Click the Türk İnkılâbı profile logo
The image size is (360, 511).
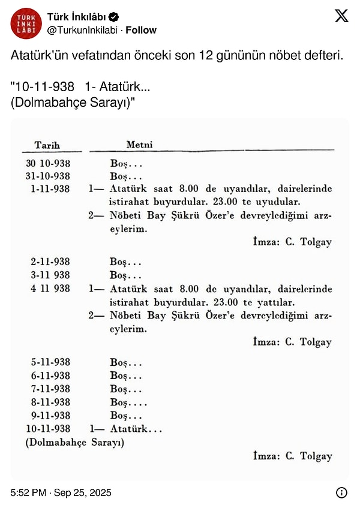(x=26, y=23)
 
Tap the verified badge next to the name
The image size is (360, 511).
(x=113, y=17)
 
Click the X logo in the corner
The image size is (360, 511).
(x=341, y=16)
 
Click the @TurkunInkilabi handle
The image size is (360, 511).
(x=83, y=30)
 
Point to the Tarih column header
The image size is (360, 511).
(x=47, y=145)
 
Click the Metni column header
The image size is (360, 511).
(x=139, y=145)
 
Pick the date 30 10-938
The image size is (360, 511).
(x=48, y=163)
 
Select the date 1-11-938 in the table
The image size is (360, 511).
(x=50, y=189)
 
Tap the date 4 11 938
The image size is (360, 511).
(x=50, y=288)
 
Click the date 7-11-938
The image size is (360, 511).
(x=50, y=389)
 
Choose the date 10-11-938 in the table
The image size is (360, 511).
(x=48, y=429)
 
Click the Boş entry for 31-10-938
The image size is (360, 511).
(x=126, y=176)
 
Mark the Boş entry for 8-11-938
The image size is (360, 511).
(x=128, y=402)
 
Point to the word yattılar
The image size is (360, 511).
(x=280, y=302)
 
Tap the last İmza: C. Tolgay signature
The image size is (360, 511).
(x=292, y=456)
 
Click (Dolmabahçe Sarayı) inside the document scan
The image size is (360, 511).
(x=74, y=443)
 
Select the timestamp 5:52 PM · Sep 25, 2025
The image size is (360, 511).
(x=61, y=493)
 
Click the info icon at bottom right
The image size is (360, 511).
(x=341, y=493)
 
